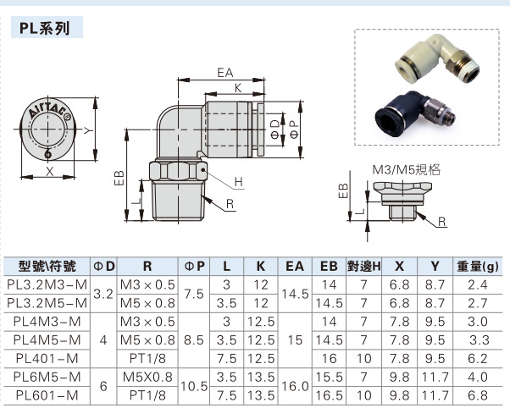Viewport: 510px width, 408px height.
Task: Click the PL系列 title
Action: point(48,27)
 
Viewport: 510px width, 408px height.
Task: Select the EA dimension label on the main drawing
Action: point(225,73)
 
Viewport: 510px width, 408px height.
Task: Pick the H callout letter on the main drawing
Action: point(238,182)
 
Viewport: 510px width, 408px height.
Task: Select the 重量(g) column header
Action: point(479,265)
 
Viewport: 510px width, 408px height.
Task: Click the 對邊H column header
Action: point(363,265)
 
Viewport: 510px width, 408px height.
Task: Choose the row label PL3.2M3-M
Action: point(47,284)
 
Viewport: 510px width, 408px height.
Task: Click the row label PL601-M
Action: point(47,394)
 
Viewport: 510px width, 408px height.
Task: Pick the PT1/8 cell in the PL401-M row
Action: point(147,357)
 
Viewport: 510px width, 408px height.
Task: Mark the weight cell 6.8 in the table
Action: point(479,394)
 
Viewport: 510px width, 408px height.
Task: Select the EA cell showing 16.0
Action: point(295,385)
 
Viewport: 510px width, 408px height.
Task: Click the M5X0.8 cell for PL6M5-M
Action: point(147,376)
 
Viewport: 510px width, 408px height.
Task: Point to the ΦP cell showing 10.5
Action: point(194,385)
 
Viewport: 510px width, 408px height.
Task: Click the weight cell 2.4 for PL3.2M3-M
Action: point(479,284)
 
